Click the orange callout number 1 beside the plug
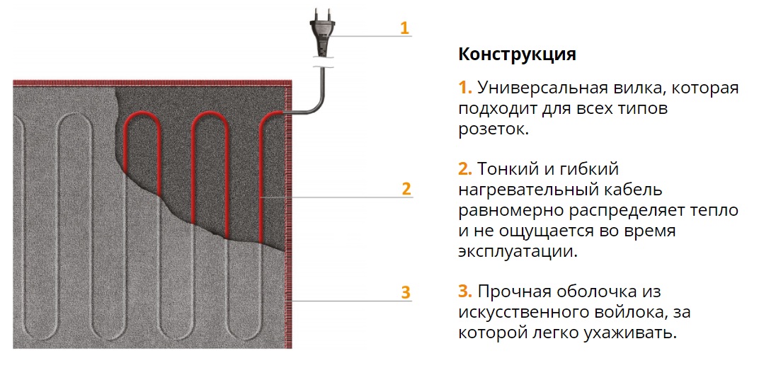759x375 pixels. [x=404, y=28]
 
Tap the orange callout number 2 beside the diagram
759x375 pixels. [x=406, y=189]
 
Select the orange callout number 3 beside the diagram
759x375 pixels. [x=405, y=292]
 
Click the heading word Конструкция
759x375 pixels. [x=517, y=54]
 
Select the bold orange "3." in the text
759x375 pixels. [x=465, y=292]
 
